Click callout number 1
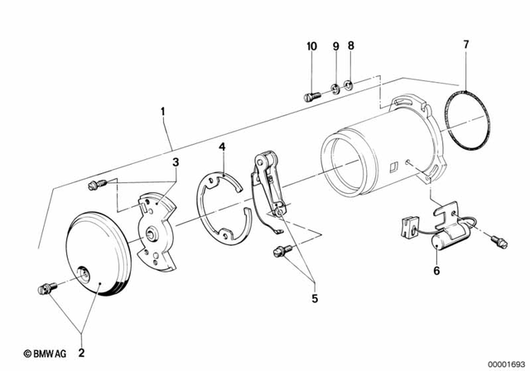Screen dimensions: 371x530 (163, 109)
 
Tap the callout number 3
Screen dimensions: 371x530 (175, 163)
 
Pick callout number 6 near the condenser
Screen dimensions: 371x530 (437, 270)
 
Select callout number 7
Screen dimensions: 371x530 (465, 43)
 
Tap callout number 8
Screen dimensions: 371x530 (350, 46)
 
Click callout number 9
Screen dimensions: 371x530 (335, 46)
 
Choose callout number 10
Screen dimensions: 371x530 (311, 46)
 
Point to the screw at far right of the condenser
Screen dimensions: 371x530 (498, 241)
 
